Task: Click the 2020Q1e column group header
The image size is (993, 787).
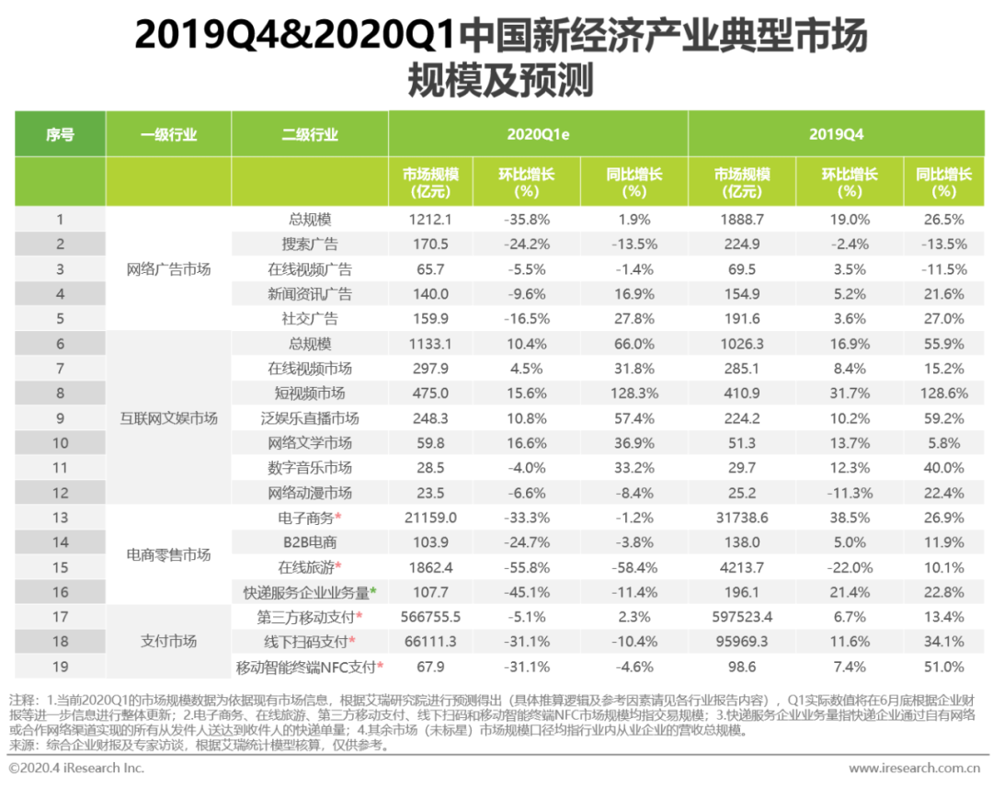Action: pyautogui.click(x=538, y=134)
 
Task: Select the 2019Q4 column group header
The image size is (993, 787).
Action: pyautogui.click(x=836, y=134)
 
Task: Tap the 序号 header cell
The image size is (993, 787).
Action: pyautogui.click(x=60, y=134)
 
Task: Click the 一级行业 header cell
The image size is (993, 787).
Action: pyautogui.click(x=168, y=134)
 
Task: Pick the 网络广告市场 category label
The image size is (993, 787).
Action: pyautogui.click(x=168, y=269)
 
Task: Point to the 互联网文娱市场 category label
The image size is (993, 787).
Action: pyautogui.click(x=168, y=418)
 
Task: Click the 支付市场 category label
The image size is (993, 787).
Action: pyautogui.click(x=168, y=641)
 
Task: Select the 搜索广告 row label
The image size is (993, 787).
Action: pyautogui.click(x=310, y=245)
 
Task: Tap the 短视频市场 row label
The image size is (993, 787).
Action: pyautogui.click(x=310, y=393)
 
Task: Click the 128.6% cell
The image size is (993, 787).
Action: pyautogui.click(x=942, y=393)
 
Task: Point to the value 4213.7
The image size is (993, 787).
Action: pyautogui.click(x=741, y=567)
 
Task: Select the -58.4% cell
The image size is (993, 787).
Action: pyautogui.click(x=633, y=567)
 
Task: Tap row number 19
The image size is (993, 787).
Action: pyautogui.click(x=60, y=667)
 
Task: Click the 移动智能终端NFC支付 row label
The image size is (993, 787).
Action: pyautogui.click(x=306, y=667)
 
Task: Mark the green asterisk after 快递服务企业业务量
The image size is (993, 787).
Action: pyautogui.click(x=373, y=590)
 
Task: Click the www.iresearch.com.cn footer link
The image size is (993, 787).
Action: pyautogui.click(x=914, y=768)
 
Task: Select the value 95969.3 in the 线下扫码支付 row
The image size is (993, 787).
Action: pyautogui.click(x=741, y=642)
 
